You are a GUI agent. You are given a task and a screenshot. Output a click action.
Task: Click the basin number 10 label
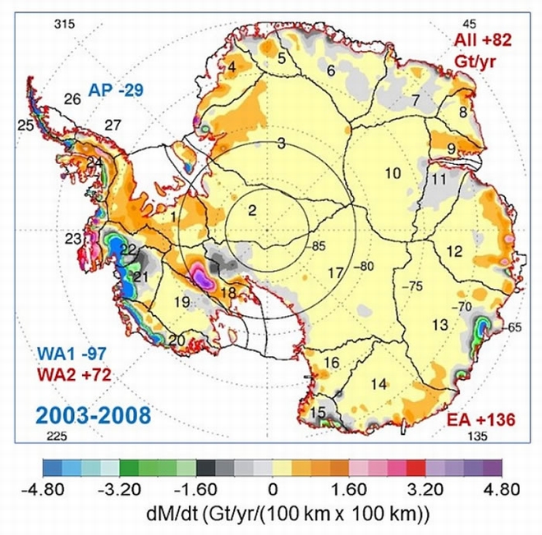click(392, 172)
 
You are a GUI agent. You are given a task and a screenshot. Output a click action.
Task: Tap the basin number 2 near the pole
click(253, 211)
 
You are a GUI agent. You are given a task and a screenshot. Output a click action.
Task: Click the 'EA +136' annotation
click(480, 420)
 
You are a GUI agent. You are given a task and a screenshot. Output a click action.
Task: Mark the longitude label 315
click(64, 24)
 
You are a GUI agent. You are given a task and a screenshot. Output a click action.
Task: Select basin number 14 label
click(379, 382)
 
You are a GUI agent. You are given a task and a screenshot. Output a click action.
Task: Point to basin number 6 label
click(331, 71)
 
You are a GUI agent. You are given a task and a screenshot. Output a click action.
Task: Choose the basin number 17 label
click(334, 272)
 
